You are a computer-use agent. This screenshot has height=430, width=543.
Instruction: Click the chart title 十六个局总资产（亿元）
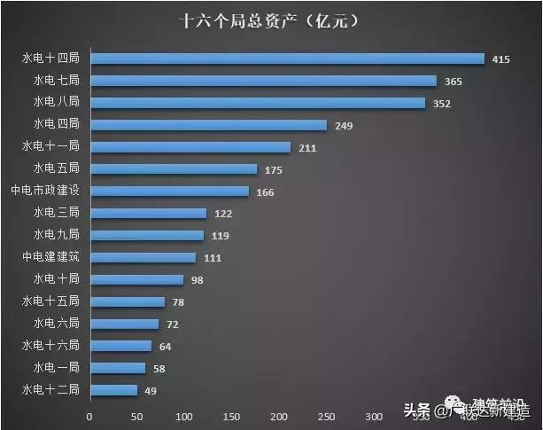tap(271, 19)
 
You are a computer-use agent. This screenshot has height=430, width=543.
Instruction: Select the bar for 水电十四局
tap(287, 59)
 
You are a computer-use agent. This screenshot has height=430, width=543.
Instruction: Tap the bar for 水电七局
tap(263, 81)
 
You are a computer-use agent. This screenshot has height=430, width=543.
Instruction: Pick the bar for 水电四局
tap(208, 125)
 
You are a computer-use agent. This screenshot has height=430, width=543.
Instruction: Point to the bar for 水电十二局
tap(113, 390)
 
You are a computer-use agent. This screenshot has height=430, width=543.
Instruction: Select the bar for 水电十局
tap(136, 279)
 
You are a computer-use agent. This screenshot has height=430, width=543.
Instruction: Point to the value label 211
tap(307, 148)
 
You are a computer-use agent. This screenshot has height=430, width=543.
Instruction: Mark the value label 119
tap(221, 236)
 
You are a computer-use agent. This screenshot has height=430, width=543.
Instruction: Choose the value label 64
tap(165, 346)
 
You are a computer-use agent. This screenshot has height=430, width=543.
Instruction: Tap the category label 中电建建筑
tap(50, 257)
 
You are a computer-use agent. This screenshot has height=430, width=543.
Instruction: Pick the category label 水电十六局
tap(50, 345)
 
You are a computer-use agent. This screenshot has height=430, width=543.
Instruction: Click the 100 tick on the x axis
tap(184, 416)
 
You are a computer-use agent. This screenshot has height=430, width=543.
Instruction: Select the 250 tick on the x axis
tap(327, 416)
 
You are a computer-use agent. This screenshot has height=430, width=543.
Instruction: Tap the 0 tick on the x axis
tap(89, 416)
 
